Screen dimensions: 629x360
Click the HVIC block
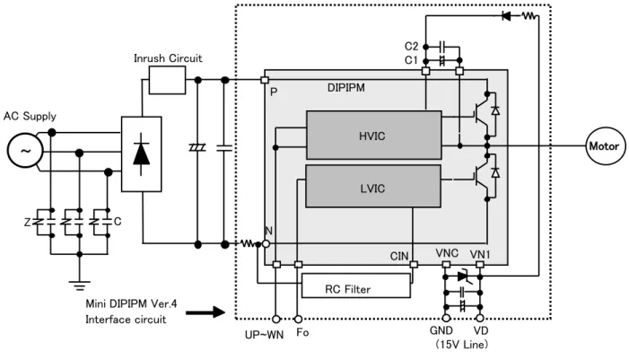click(374, 136)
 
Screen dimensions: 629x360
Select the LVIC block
click(373, 186)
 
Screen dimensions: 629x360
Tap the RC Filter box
click(356, 285)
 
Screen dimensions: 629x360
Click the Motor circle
click(604, 146)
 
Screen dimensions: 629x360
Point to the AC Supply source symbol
click(25, 151)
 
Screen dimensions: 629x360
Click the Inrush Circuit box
click(167, 80)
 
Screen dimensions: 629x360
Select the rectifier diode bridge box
click(141, 154)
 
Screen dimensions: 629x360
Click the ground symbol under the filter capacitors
click(80, 285)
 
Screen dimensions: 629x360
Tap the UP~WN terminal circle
click(276, 320)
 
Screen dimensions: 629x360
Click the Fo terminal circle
click(298, 320)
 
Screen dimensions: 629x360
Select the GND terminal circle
click(446, 319)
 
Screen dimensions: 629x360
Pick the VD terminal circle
click(480, 319)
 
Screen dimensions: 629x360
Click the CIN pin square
click(414, 265)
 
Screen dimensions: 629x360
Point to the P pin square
click(265, 80)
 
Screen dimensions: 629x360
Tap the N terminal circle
click(266, 244)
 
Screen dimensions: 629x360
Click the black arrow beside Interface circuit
click(205, 312)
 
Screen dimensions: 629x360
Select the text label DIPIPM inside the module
click(346, 87)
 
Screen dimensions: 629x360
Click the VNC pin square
click(446, 265)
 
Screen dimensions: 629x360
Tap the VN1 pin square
click(480, 265)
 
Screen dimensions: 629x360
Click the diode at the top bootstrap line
click(506, 16)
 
